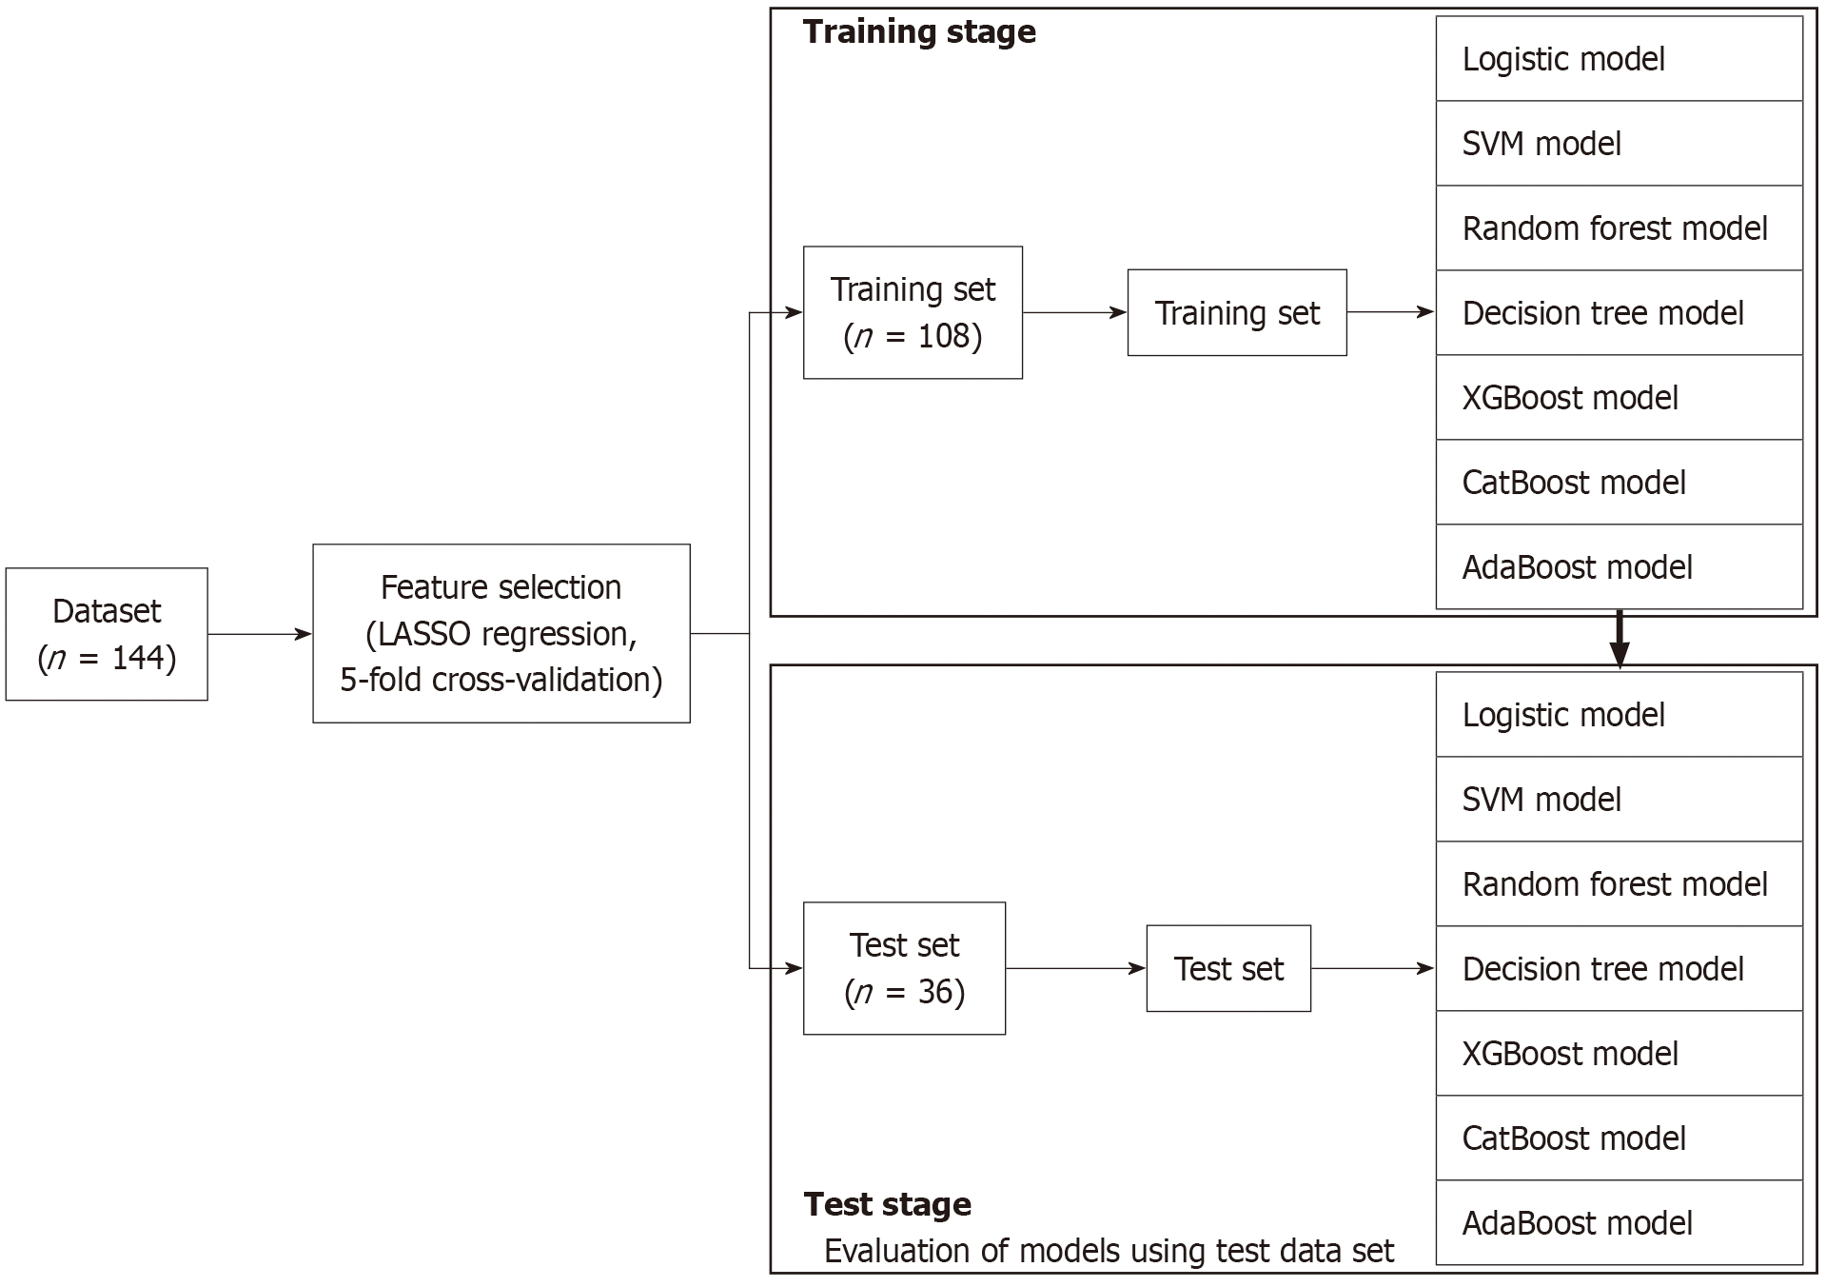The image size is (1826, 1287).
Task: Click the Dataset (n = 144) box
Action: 107,634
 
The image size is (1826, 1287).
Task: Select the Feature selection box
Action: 501,633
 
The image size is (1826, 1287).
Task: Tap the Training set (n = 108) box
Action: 913,312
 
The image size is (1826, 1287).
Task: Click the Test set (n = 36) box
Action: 904,968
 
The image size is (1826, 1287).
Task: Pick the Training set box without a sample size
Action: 1236,313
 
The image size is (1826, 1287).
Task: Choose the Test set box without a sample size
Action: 1227,968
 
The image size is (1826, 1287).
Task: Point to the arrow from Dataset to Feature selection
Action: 259,634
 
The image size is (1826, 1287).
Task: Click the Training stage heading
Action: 919,32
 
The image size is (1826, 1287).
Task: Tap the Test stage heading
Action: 887,1204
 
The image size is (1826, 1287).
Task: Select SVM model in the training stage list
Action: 1541,144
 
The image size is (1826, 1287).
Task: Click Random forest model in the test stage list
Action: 1615,884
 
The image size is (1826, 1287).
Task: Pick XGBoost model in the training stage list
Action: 1570,398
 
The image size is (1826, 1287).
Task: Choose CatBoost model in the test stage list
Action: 1574,1138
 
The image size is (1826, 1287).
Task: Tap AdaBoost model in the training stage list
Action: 1577,567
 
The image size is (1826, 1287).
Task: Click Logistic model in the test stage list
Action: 1563,715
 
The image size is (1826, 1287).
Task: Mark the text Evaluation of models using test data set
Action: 1109,1251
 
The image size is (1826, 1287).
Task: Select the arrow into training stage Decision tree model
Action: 1390,312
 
